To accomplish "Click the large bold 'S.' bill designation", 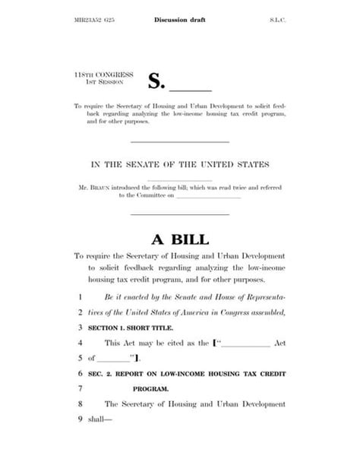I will [x=156, y=81].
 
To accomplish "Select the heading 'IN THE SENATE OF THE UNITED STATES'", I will [x=180, y=164].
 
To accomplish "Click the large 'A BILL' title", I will [x=179, y=240].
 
